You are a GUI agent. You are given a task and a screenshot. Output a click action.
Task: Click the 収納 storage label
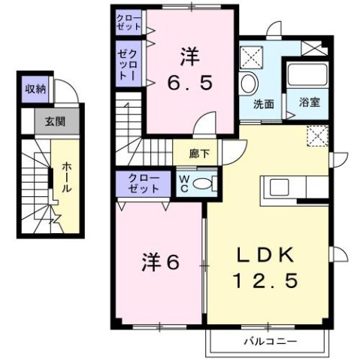(35, 89)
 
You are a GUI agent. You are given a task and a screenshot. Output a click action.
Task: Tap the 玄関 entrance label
(51, 120)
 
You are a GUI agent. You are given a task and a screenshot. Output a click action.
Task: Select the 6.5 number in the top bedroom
(190, 80)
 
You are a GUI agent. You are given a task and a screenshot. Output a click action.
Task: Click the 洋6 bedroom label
(161, 263)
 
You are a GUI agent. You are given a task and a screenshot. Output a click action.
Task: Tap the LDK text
(268, 253)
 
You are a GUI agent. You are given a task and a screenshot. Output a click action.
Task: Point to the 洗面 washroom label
(262, 104)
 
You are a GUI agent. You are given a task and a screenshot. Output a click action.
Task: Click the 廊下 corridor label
(198, 153)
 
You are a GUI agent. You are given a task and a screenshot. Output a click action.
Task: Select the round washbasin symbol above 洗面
(250, 83)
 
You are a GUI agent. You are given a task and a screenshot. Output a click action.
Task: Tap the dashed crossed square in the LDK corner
(317, 136)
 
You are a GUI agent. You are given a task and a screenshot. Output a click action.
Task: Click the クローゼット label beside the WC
(142, 183)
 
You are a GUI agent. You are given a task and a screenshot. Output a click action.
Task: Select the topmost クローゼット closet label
(128, 21)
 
